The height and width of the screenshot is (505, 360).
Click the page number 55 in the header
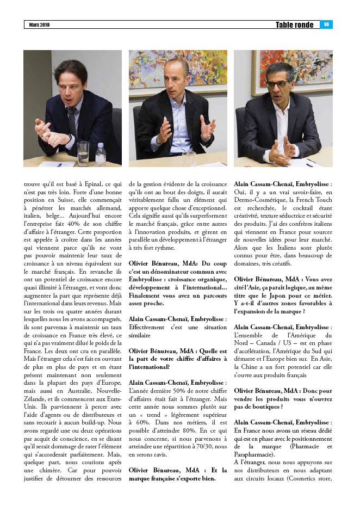[x=327, y=24]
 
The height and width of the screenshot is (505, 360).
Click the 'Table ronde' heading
[x=294, y=24]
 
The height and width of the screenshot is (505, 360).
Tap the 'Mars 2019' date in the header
[x=39, y=25]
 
